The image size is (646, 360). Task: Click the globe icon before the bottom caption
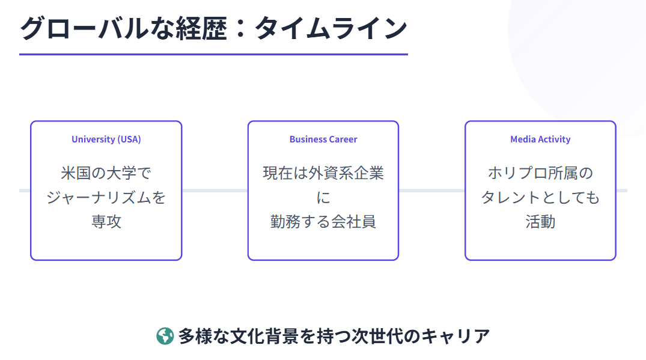pos(165,336)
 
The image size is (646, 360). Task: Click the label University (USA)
pos(106,139)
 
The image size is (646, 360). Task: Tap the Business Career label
pos(323,139)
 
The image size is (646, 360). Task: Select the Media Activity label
pos(540,139)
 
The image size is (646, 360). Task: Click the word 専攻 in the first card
pos(106,221)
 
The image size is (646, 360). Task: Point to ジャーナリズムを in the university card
pos(106,197)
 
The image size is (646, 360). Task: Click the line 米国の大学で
pos(106,173)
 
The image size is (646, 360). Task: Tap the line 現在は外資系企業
pos(323,173)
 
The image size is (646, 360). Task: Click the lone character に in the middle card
pos(323,197)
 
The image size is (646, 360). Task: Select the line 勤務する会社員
pos(323,221)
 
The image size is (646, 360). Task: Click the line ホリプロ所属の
pos(540,173)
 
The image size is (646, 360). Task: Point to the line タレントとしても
pos(540,197)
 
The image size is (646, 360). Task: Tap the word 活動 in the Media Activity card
pos(540,221)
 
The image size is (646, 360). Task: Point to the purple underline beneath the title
pos(213,54)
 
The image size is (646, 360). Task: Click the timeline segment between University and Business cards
pos(215,191)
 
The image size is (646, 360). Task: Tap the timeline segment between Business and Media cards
pos(431,191)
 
